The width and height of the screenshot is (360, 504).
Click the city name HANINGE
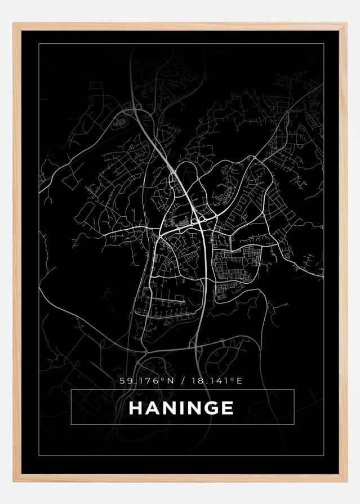(x=181, y=408)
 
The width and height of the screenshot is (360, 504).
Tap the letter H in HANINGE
(x=135, y=408)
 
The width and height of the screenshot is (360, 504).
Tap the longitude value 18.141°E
(x=216, y=381)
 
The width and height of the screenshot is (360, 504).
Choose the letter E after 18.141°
(x=239, y=381)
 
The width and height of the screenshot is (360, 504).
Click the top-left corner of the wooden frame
(x=14, y=24)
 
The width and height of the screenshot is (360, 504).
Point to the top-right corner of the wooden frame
(x=346, y=24)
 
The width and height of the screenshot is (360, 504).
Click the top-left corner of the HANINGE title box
(x=72, y=390)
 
